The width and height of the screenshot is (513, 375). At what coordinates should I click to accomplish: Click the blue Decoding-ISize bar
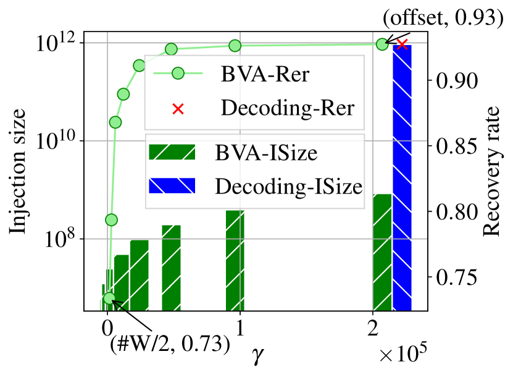click(402, 179)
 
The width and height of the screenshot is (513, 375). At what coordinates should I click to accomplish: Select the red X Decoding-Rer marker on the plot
click(402, 44)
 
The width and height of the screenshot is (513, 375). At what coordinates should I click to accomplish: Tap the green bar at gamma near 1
click(235, 259)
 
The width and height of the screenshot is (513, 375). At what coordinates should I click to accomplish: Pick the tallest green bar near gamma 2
click(382, 253)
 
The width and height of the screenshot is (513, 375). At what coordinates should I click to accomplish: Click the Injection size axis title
click(18, 171)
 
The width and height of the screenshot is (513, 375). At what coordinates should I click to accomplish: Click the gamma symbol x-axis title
click(256, 355)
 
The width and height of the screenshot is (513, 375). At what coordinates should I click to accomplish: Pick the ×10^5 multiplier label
click(402, 354)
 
